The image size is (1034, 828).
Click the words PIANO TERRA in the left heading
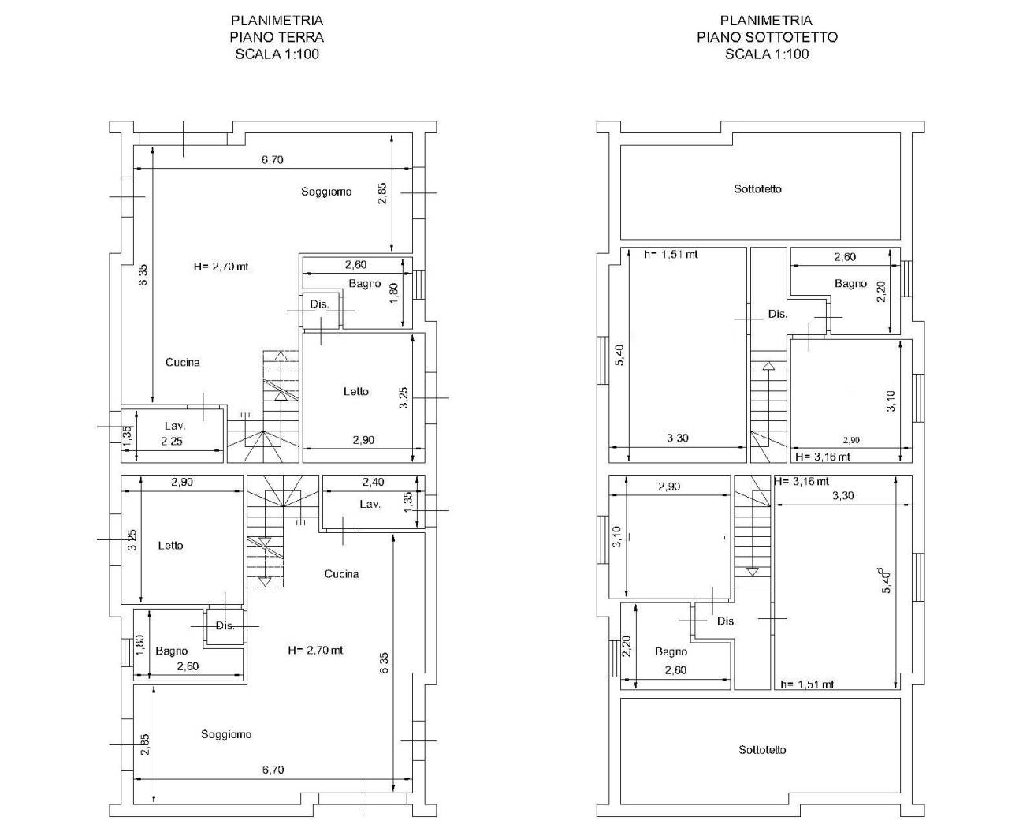(277, 37)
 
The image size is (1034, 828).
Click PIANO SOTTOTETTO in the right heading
(768, 37)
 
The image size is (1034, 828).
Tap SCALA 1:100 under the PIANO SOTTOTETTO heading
(767, 54)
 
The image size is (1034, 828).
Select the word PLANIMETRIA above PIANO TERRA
(277, 21)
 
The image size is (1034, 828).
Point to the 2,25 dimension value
(172, 441)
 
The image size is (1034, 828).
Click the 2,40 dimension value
(374, 482)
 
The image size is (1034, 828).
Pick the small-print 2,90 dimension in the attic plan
(851, 440)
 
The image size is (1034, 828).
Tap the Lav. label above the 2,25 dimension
(175, 426)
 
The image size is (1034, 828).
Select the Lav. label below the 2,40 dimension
(370, 504)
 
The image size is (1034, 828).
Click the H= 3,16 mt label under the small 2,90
(823, 457)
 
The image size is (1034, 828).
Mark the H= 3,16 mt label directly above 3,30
(802, 481)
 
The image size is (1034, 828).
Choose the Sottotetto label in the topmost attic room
(757, 189)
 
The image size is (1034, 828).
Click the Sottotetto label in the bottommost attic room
(763, 750)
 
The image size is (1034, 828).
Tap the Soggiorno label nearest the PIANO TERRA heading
(326, 192)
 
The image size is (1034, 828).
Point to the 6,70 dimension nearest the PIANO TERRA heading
(273, 159)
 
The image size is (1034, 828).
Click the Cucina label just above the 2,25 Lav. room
(183, 362)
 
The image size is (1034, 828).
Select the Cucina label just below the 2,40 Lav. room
(341, 573)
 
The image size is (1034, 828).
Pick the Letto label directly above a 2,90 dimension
(356, 391)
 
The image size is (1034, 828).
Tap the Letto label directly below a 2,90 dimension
(170, 545)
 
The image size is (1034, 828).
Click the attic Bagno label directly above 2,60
(671, 651)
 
